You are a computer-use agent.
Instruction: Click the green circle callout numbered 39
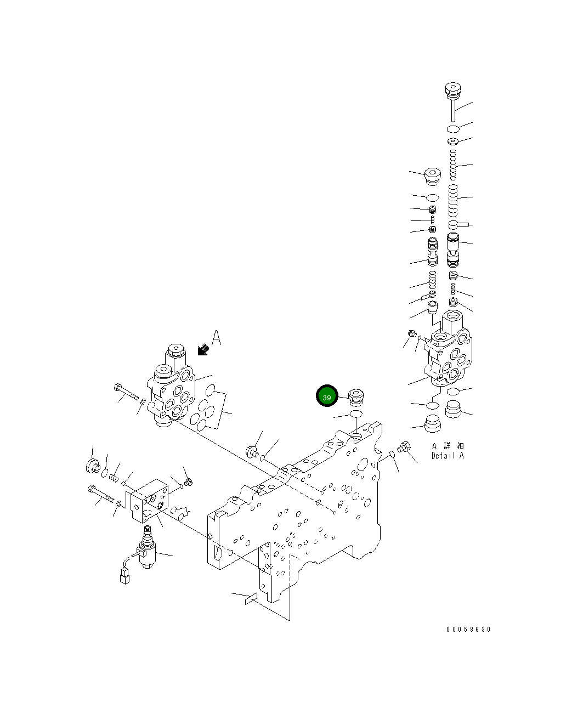pyautogui.click(x=327, y=396)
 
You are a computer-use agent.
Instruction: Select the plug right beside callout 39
pyautogui.click(x=356, y=394)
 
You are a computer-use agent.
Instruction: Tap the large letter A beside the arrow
pyautogui.click(x=217, y=338)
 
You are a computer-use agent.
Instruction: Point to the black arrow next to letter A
pyautogui.click(x=203, y=349)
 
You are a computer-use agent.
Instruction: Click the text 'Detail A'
pyautogui.click(x=448, y=455)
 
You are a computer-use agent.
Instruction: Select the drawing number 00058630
pyautogui.click(x=468, y=629)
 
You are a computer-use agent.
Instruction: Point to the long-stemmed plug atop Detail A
pyautogui.click(x=453, y=98)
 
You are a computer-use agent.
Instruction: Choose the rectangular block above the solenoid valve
pyautogui.click(x=150, y=500)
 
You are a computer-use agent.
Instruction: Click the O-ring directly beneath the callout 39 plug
pyautogui.click(x=355, y=413)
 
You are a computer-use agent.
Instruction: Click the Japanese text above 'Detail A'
pyautogui.click(x=448, y=446)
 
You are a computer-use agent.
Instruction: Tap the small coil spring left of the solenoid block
pyautogui.click(x=114, y=478)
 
